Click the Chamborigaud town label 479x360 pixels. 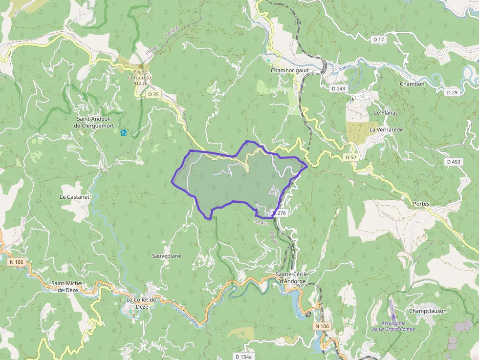(289, 70)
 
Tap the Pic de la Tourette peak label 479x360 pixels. (140, 78)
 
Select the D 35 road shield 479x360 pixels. (153, 94)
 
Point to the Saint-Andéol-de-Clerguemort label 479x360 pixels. (95, 122)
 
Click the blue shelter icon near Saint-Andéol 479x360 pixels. (124, 132)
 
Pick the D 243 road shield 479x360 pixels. (338, 88)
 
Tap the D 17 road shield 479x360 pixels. (379, 39)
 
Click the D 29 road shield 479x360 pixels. (452, 92)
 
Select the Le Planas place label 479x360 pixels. (386, 112)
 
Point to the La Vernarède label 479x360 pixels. (386, 129)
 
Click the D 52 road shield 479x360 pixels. (350, 157)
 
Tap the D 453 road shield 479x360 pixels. (454, 161)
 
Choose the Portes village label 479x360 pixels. (421, 204)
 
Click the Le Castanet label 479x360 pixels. (75, 196)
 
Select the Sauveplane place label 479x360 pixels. (167, 255)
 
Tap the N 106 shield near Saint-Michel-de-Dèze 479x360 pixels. (16, 262)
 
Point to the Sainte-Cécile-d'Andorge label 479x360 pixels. (292, 277)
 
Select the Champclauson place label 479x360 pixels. (428, 311)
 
